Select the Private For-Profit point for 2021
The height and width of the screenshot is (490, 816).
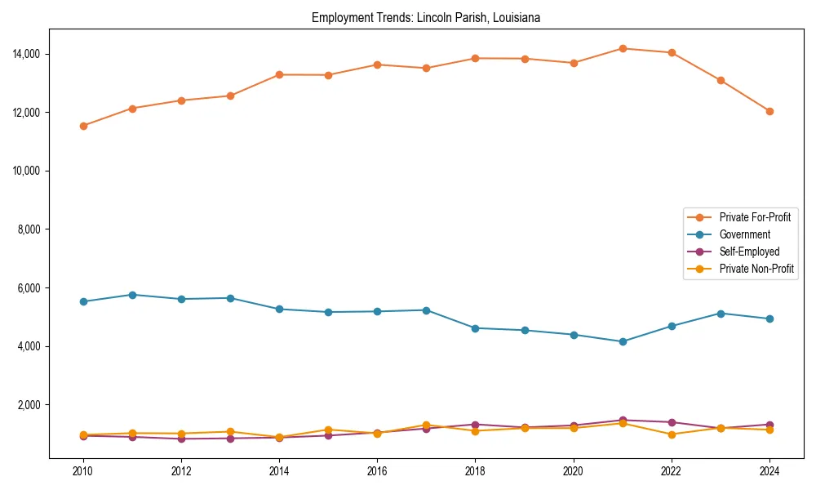click(623, 48)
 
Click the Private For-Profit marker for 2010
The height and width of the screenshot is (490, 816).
click(83, 126)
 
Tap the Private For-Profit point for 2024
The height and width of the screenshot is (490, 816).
click(769, 111)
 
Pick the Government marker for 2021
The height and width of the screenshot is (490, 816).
click(623, 341)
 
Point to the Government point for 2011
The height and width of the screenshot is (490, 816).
click(132, 295)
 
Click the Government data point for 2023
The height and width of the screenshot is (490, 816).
click(721, 314)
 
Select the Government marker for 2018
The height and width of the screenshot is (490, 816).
click(476, 328)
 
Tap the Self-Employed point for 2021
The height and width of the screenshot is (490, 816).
click(623, 421)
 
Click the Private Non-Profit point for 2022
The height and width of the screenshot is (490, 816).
click(672, 434)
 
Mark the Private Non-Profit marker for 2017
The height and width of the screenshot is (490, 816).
click(426, 425)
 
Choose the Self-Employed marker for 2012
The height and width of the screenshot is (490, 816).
click(181, 439)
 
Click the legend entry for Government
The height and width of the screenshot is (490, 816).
click(744, 234)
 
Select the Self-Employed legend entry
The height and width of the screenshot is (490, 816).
click(749, 252)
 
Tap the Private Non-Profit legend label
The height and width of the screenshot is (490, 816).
click(756, 269)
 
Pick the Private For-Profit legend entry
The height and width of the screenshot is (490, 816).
click(755, 217)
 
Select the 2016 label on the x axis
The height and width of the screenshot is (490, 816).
click(377, 471)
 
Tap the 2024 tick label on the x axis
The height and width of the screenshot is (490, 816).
click(769, 471)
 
